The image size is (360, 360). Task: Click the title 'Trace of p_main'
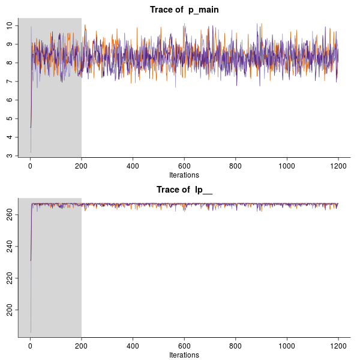click(x=184, y=10)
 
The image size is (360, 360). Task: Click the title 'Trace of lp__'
click(x=185, y=190)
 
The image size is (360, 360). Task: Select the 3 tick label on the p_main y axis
click(x=10, y=155)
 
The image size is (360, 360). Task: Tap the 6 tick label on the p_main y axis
click(x=10, y=100)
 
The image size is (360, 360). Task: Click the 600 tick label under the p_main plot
click(x=184, y=166)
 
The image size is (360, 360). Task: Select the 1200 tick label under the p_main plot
click(x=338, y=166)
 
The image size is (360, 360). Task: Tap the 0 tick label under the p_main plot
click(x=30, y=166)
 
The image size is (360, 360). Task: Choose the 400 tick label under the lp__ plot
click(x=133, y=346)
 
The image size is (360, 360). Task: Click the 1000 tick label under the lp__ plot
click(x=287, y=346)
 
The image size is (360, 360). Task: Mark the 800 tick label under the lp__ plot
click(x=235, y=346)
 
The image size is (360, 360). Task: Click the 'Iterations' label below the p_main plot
click(x=184, y=175)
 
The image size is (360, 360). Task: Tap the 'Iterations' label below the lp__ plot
click(x=184, y=355)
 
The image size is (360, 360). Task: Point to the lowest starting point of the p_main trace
click(x=31, y=152)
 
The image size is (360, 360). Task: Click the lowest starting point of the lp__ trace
click(x=31, y=332)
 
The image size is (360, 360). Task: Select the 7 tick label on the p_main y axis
click(x=10, y=81)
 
